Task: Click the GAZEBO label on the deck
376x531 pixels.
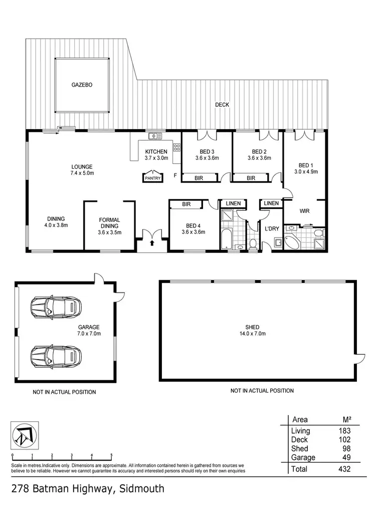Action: click(x=81, y=85)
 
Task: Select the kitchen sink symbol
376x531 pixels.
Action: click(x=154, y=136)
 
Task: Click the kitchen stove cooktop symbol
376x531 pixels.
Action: click(x=176, y=147)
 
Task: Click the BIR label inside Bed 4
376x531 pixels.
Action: click(x=186, y=204)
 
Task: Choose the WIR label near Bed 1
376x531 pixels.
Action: click(x=304, y=211)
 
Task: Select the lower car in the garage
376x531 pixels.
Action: click(x=56, y=357)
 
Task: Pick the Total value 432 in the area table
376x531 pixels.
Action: click(x=343, y=469)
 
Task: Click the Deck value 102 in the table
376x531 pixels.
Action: click(x=343, y=440)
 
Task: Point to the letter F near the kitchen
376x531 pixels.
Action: click(x=175, y=175)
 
